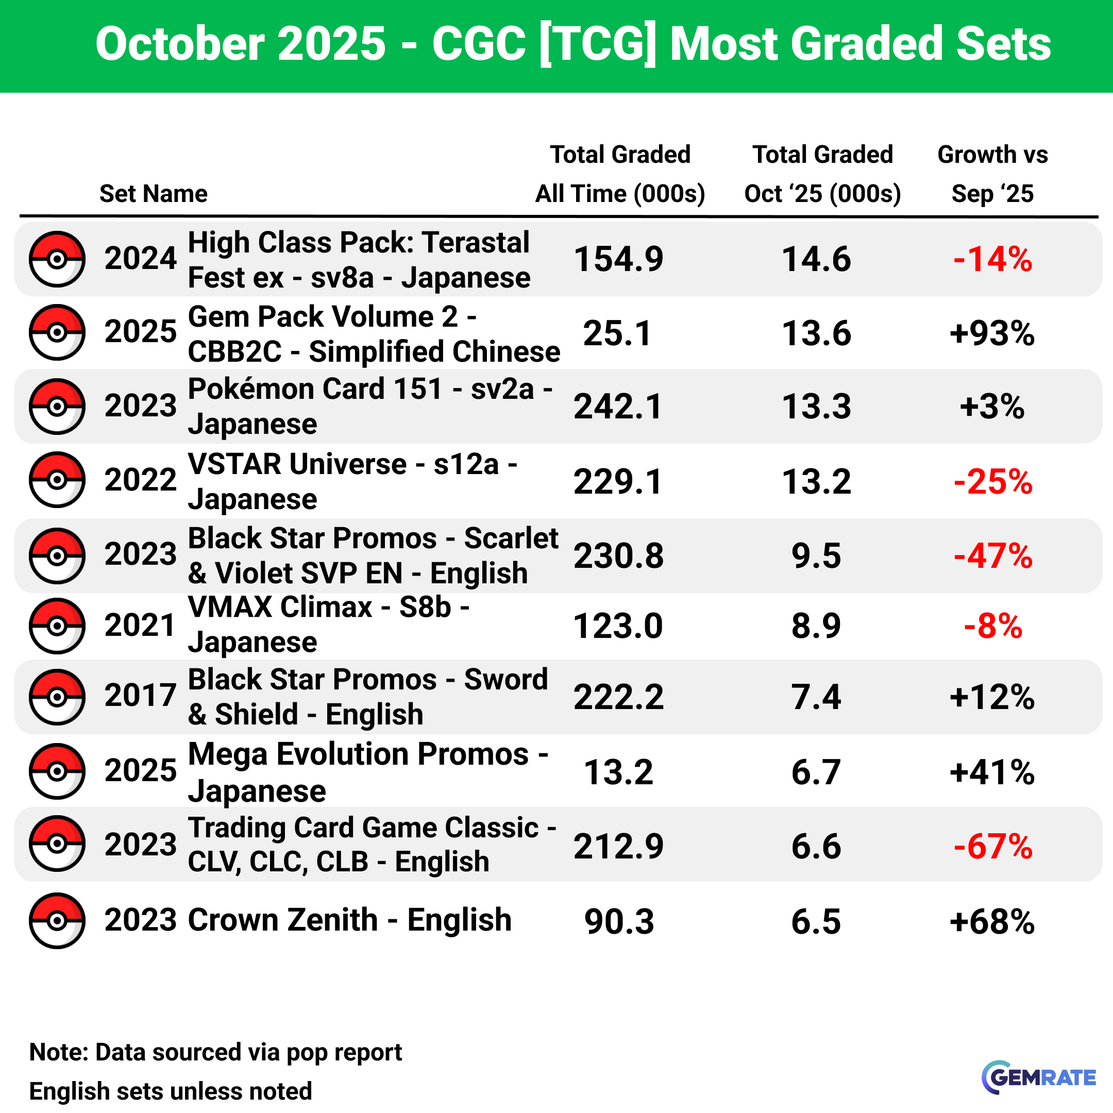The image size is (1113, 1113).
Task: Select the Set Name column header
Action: click(x=153, y=194)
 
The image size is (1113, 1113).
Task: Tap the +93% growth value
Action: click(x=992, y=333)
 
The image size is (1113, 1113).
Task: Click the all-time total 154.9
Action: click(x=619, y=259)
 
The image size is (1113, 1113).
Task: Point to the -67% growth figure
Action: click(x=992, y=846)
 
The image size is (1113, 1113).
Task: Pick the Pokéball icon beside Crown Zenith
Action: click(x=57, y=920)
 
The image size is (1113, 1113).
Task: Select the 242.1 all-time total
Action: click(x=618, y=407)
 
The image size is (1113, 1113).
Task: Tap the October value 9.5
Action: click(x=816, y=555)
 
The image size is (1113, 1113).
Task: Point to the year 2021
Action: click(x=140, y=625)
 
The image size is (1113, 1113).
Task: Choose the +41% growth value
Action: click(x=992, y=772)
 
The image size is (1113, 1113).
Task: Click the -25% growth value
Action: click(x=992, y=482)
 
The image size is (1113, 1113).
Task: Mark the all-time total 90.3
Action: click(x=619, y=921)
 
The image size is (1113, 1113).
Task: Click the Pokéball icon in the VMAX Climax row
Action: click(x=57, y=626)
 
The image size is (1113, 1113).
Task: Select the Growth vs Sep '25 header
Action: click(x=992, y=174)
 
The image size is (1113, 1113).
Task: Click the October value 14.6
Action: click(x=816, y=259)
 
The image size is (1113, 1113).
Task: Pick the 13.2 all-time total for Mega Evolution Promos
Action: click(x=618, y=772)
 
